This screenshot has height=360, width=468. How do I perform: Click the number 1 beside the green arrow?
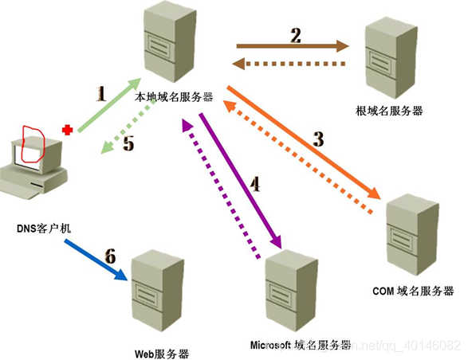(100, 94)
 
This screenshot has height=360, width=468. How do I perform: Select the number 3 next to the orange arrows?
(317, 139)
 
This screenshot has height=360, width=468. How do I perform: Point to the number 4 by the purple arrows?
(255, 184)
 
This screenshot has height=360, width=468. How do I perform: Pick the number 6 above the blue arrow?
(110, 256)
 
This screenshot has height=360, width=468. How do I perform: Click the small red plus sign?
(69, 129)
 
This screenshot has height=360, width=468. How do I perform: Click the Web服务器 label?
(163, 353)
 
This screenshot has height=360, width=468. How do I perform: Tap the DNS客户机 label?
(45, 228)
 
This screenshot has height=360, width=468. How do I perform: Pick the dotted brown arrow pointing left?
(290, 65)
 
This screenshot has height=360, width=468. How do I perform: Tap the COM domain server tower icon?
(411, 233)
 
